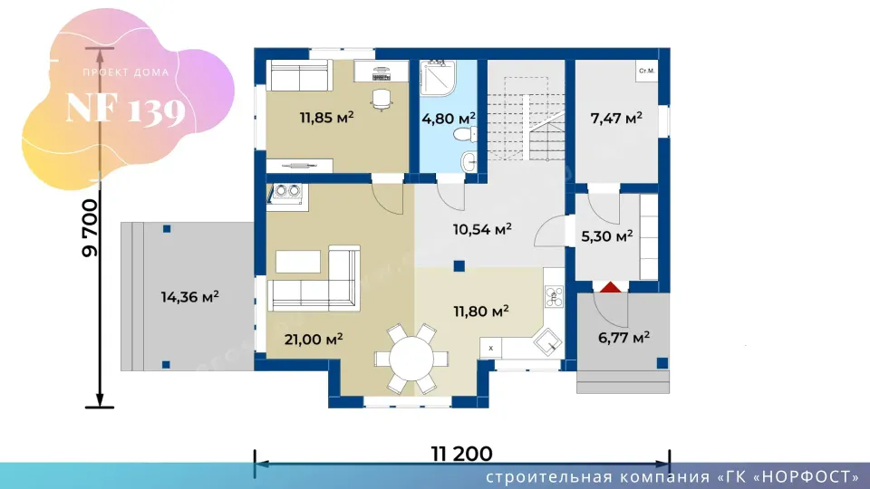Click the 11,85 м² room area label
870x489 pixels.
tap(327, 118)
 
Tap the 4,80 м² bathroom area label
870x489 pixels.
tap(449, 119)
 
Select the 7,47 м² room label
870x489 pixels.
tap(616, 118)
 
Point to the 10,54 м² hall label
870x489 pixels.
tap(482, 229)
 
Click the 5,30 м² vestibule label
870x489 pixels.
tap(607, 236)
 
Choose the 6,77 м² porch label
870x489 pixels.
tap(623, 338)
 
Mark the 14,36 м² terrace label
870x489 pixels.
tap(189, 297)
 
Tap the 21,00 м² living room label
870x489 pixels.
tap(314, 339)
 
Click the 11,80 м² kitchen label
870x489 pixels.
tap(481, 312)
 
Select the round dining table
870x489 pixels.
tap(411, 360)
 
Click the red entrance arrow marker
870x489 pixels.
tap(610, 287)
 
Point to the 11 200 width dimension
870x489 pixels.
tap(461, 454)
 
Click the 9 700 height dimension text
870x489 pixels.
tap(90, 228)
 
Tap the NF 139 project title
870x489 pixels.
tap(125, 109)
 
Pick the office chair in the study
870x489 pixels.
tap(382, 100)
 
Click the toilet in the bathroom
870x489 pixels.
tap(465, 134)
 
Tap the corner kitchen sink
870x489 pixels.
tap(547, 342)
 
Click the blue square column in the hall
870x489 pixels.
tap(459, 266)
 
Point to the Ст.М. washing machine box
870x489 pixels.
tap(646, 71)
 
